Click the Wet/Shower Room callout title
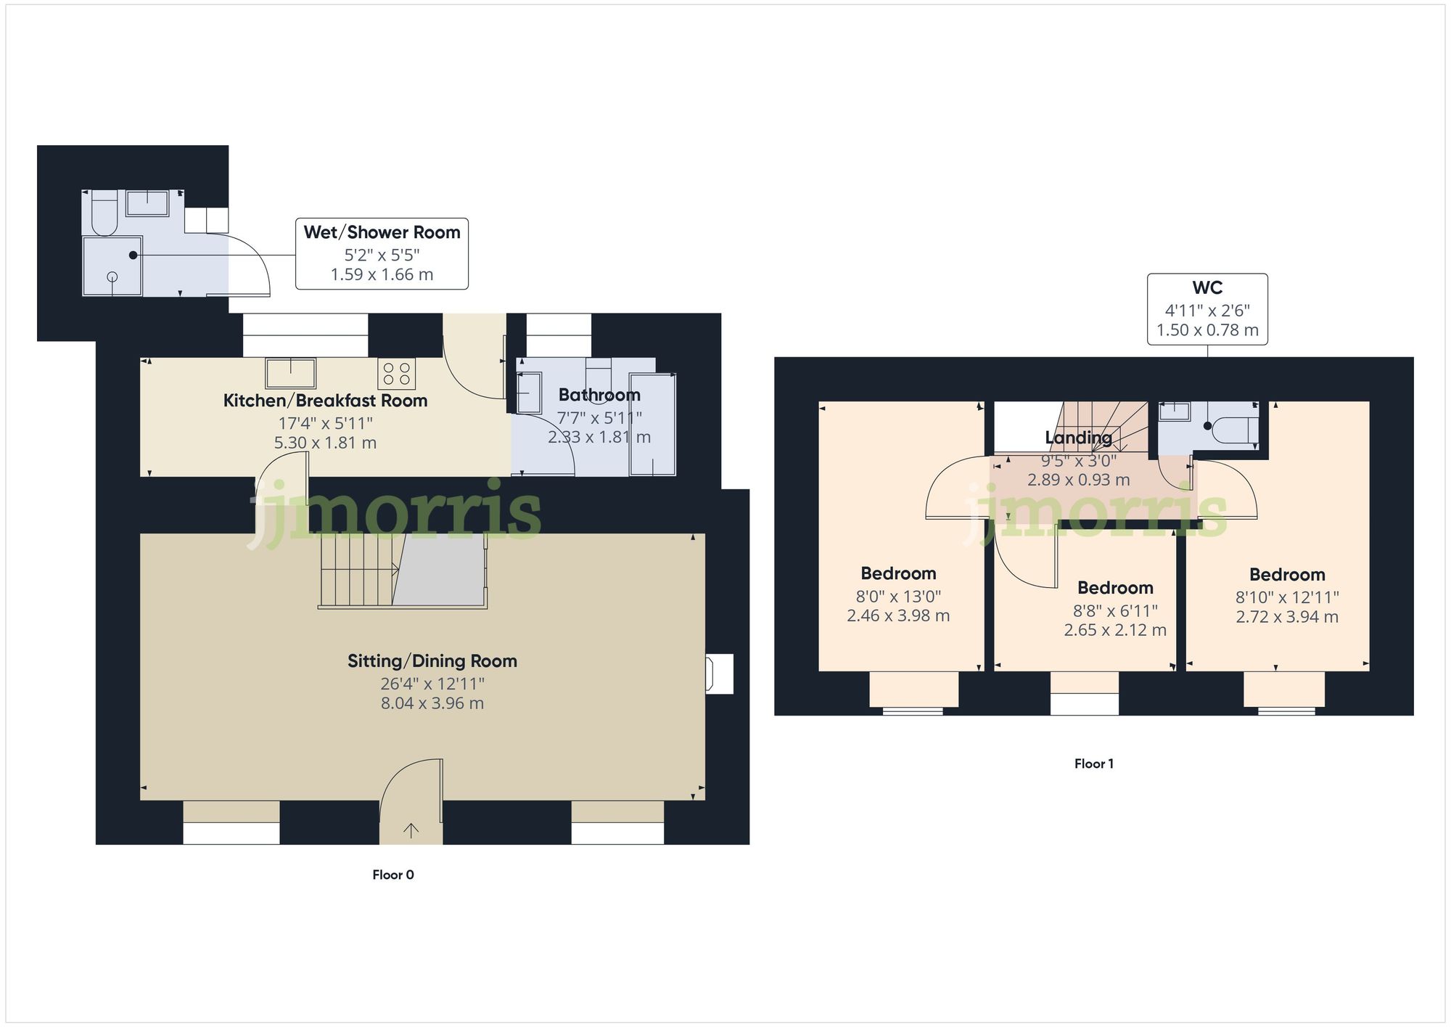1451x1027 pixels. tap(382, 232)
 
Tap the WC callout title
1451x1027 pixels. tap(1207, 288)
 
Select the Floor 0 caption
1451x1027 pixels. tap(393, 875)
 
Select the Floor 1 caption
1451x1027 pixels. tap(1093, 764)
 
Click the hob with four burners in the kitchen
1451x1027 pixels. tap(396, 374)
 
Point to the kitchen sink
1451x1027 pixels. tap(290, 373)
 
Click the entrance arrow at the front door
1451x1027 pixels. tap(411, 830)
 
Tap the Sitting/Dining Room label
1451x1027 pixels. tap(432, 661)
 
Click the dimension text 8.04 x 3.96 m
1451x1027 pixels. tap(432, 703)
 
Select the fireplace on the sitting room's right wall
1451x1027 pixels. tap(718, 674)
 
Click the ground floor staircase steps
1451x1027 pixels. tap(358, 570)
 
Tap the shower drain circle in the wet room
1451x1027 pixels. tap(112, 277)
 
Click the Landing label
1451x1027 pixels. tap(1078, 438)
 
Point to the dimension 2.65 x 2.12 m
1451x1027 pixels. tap(1115, 630)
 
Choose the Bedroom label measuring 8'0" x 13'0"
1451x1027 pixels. tap(898, 573)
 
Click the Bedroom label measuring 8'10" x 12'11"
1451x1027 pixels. tap(1287, 575)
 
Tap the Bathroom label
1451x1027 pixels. tap(599, 395)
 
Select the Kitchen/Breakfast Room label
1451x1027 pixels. tap(325, 401)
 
